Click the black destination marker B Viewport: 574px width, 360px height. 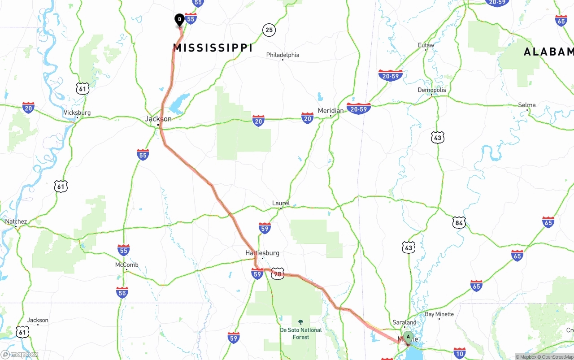pos(179,20)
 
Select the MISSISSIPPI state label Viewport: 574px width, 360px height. pos(213,48)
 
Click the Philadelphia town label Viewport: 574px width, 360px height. pos(283,55)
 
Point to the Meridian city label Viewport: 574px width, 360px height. pos(330,111)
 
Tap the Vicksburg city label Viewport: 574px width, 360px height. pos(77,113)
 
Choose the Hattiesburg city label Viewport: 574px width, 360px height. pos(262,253)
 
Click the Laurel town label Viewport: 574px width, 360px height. pos(281,203)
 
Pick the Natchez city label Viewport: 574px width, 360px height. pos(16,221)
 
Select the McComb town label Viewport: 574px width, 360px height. pos(127,265)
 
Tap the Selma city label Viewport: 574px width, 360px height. pos(527,105)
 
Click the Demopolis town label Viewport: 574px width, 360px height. pos(432,90)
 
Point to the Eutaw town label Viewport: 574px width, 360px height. pos(426,45)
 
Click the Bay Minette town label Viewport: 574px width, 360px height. pos(439,314)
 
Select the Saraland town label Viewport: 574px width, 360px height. pos(404,322)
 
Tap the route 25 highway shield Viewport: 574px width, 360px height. pos(269,30)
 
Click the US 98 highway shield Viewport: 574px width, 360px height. pos(278,274)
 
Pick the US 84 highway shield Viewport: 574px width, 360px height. pos(459,223)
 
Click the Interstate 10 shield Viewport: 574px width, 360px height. pos(459,353)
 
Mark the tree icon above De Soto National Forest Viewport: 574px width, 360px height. pos(300,322)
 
